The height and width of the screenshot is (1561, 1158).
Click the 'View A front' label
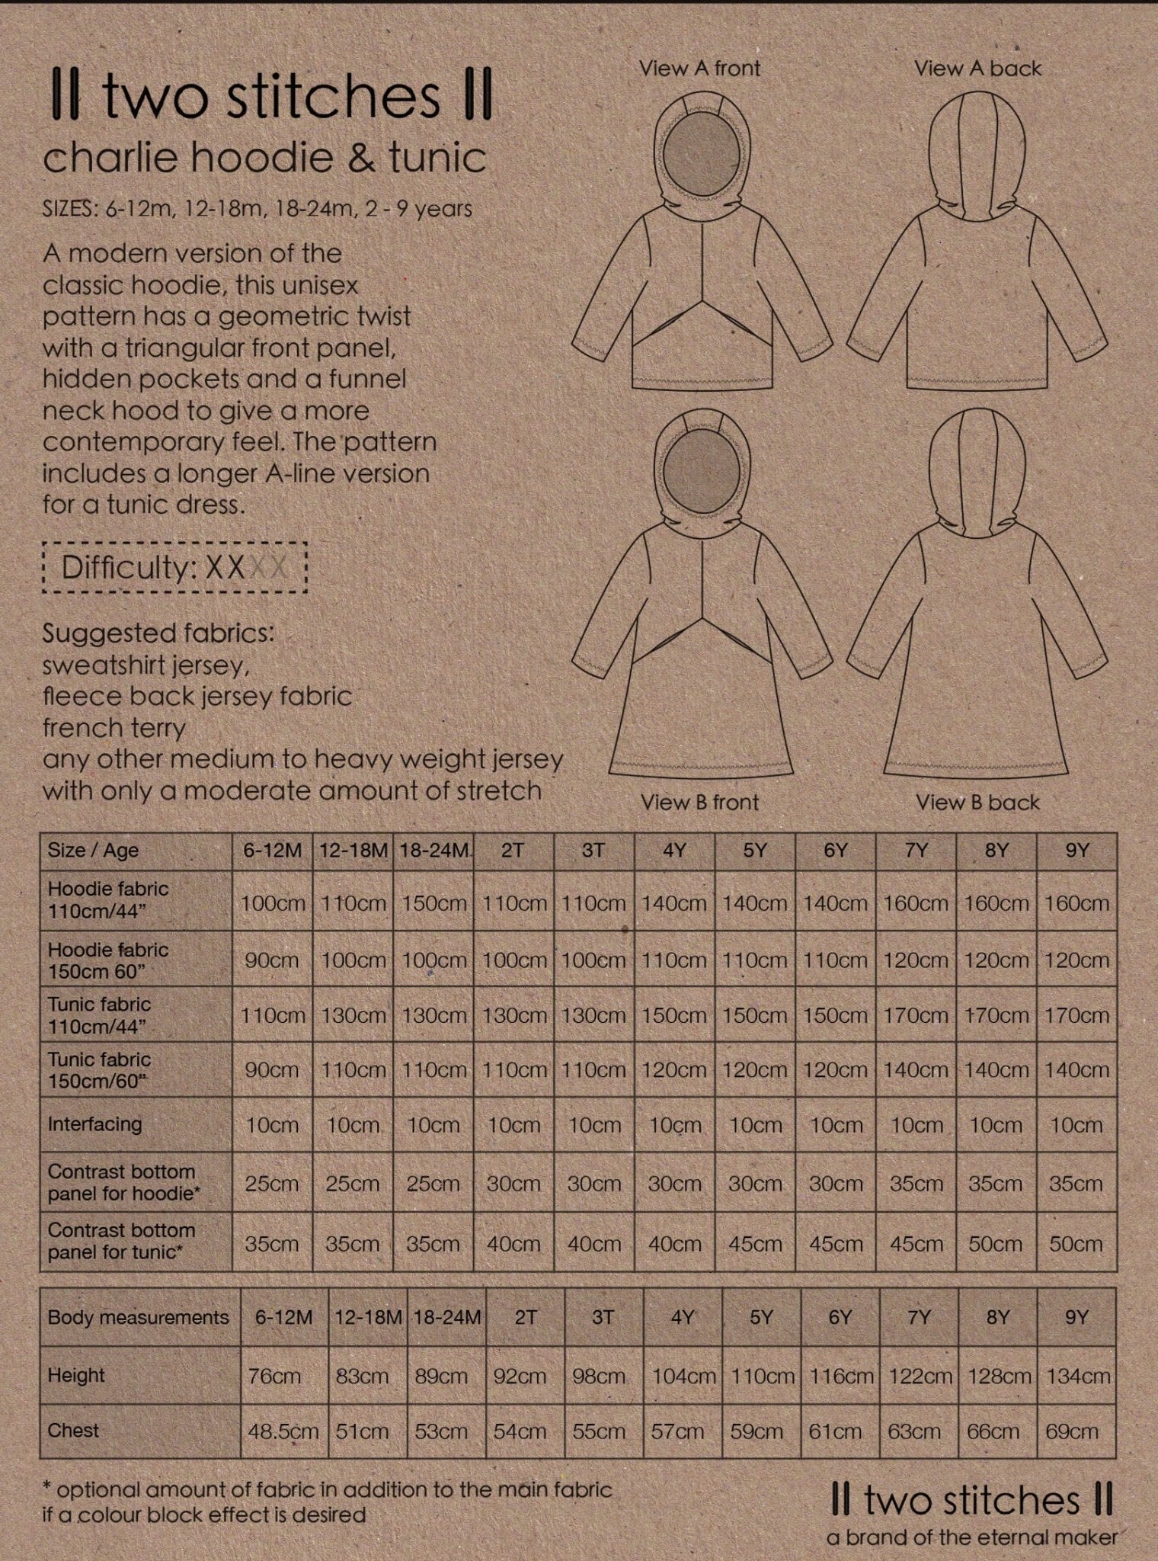click(x=699, y=69)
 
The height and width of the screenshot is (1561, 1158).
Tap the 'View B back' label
click(x=977, y=802)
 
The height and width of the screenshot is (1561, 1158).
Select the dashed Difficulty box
click(x=175, y=567)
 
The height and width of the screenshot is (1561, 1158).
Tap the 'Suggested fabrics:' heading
click(x=158, y=633)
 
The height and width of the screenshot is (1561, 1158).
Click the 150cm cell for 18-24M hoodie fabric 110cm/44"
click(x=433, y=903)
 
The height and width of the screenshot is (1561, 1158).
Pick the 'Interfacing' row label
click(x=95, y=1124)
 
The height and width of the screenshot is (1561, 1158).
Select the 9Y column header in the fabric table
click(x=1076, y=851)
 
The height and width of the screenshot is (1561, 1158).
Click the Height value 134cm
click(x=1077, y=1377)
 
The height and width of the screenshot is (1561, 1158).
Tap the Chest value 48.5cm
click(x=283, y=1431)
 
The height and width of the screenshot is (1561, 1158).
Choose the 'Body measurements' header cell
click(x=138, y=1317)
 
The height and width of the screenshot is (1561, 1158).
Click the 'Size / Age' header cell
click(x=93, y=851)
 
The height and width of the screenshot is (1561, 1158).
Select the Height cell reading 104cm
click(x=683, y=1377)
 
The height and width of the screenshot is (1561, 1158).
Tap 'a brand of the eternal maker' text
click(x=972, y=1538)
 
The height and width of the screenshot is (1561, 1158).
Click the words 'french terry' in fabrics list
click(x=114, y=728)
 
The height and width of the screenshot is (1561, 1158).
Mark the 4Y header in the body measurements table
click(x=682, y=1317)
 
